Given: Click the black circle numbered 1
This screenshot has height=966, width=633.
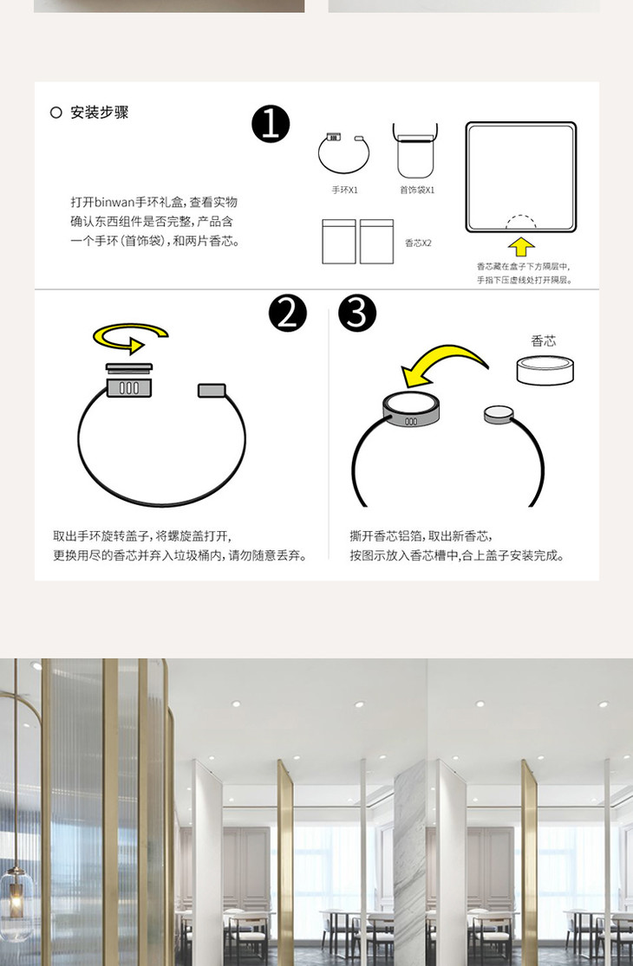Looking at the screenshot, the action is (x=271, y=124).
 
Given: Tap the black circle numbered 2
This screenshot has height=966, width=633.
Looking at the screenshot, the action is (x=287, y=313).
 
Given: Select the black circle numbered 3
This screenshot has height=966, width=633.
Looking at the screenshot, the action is (x=357, y=313).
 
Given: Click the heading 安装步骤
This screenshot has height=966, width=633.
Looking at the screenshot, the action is (x=99, y=112).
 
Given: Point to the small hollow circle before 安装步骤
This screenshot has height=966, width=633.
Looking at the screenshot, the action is (x=56, y=112).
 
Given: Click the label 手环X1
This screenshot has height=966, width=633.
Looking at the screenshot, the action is (x=344, y=191).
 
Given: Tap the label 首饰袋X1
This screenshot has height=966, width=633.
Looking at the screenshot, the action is (x=417, y=191).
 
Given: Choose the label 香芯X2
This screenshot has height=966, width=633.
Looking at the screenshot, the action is (x=418, y=243).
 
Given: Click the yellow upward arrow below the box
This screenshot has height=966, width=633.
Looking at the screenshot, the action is (x=521, y=246).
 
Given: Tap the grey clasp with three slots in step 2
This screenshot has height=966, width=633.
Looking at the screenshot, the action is (x=129, y=387).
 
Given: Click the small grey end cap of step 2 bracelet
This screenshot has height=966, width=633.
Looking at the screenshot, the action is (x=212, y=391).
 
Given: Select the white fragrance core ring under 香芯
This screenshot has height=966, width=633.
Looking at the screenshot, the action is (x=545, y=371).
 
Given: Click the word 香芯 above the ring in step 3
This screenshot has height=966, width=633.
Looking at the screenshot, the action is (x=543, y=340).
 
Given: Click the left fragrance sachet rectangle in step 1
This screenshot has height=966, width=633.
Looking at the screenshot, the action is (x=339, y=242).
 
